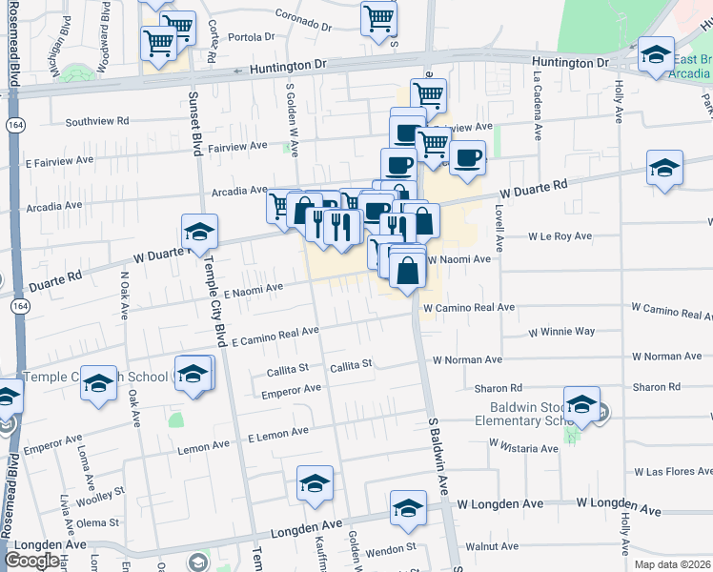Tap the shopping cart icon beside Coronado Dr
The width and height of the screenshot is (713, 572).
point(378,18)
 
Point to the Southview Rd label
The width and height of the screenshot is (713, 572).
point(96,121)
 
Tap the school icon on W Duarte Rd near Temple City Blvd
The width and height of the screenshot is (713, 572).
point(199,233)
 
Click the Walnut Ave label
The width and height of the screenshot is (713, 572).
point(499,546)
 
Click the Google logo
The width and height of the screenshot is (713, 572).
point(31,560)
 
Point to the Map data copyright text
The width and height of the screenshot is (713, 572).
point(672,562)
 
